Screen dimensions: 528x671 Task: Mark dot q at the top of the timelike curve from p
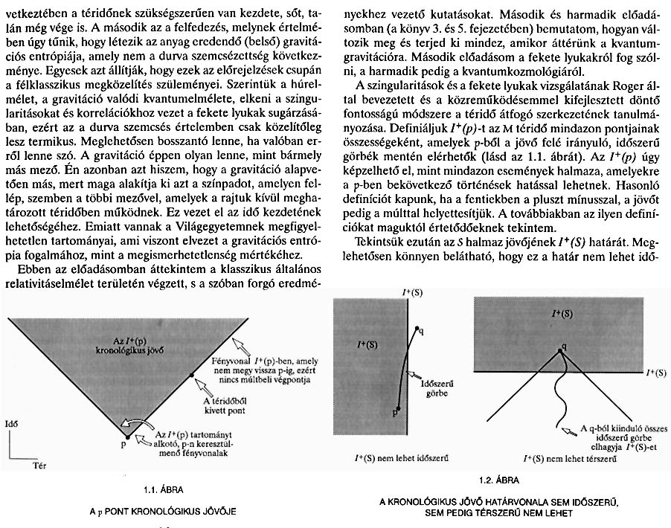pos(417,328)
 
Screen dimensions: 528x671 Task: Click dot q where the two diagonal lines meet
pos(562,346)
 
